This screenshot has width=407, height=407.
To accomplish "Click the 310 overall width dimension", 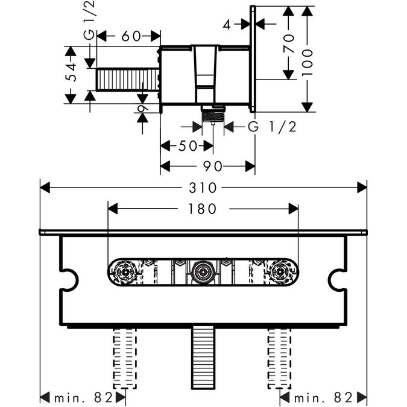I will tap(203, 188).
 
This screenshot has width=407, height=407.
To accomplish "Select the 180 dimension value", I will tap(203, 209).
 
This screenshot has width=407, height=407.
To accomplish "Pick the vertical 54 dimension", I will tap(71, 73).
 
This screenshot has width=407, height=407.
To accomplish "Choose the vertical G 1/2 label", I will tap(89, 28).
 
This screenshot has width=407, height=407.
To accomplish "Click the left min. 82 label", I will tap(83, 397).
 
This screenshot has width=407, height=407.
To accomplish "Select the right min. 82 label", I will tap(323, 397).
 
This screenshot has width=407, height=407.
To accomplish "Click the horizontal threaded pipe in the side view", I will tap(126, 80).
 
